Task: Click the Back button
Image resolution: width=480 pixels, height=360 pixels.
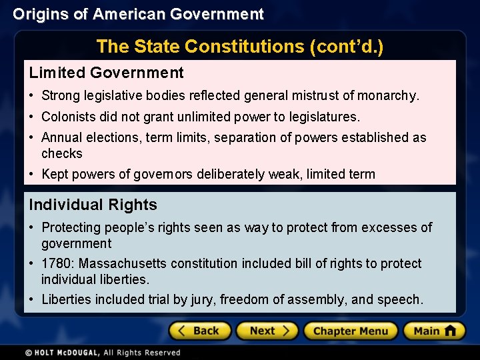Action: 199,331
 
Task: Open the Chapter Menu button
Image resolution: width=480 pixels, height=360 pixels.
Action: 351,331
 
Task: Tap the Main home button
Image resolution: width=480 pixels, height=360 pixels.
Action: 433,331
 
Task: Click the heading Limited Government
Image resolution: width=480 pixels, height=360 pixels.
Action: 106,73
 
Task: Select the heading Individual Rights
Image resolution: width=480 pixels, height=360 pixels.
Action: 93,205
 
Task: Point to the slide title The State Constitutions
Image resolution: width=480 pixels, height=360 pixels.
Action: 239,47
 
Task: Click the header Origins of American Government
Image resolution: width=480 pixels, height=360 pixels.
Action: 138,14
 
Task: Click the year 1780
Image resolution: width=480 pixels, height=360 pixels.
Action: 55,263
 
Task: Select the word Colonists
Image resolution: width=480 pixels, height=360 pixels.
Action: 69,117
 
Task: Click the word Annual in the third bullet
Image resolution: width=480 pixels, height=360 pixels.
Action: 61,137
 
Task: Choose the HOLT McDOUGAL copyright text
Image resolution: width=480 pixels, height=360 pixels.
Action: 103,352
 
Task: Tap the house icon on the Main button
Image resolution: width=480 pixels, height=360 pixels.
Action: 450,331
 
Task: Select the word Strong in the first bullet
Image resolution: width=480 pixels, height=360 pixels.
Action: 61,96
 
